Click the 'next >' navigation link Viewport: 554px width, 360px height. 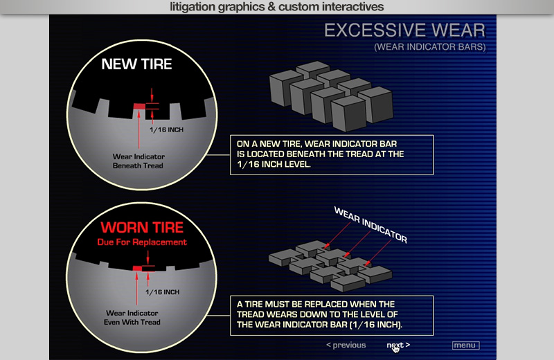tap(398, 345)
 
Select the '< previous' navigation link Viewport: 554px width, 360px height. tap(346, 345)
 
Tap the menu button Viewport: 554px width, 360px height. tap(465, 345)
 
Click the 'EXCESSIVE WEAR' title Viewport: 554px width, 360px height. tap(405, 30)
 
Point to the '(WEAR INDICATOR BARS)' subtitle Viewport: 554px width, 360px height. tap(430, 47)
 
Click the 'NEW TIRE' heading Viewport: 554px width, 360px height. tap(136, 64)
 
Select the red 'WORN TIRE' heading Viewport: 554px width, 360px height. tap(142, 227)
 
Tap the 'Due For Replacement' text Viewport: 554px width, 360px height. tap(142, 242)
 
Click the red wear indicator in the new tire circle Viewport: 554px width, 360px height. tap(139, 107)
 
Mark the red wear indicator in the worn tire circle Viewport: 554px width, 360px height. tap(137, 269)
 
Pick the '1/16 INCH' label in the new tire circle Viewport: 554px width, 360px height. tap(166, 129)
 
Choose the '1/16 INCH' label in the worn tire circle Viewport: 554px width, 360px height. tap(163, 292)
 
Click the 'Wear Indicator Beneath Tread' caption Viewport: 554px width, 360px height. tap(138, 161)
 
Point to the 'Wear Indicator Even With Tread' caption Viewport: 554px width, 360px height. tap(132, 318)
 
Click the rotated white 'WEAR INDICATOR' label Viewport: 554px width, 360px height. tap(370, 225)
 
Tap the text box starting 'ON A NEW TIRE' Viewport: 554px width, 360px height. tap(332, 155)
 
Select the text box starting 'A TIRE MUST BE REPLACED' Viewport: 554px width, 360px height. tap(332, 316)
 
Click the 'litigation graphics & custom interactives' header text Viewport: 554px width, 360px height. tap(276, 7)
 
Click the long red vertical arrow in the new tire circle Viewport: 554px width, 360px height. tap(139, 129)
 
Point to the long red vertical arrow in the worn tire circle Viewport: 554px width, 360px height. tap(136, 288)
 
